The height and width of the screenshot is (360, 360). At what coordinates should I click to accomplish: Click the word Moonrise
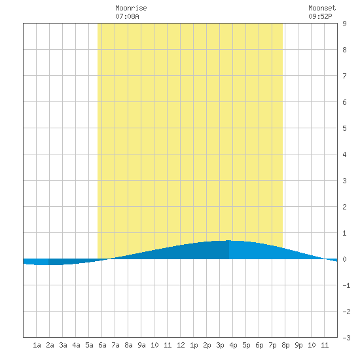coord(131,8)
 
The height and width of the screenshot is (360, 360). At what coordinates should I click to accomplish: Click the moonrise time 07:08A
coord(127,16)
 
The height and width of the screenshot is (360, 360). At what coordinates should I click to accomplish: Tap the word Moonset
coord(322,8)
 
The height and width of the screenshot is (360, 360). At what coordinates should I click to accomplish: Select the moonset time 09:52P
coord(320,16)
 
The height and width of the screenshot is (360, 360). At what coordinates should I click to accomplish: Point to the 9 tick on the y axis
coord(344,24)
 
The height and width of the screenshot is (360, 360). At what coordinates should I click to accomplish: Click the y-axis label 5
coord(344,128)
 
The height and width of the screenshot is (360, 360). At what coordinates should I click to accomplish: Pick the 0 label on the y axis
coord(344,259)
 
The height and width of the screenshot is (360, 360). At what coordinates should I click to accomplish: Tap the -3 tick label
coord(346,338)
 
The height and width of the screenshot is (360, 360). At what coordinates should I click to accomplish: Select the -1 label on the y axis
coord(346,285)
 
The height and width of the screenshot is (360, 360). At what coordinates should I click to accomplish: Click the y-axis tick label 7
coord(344,76)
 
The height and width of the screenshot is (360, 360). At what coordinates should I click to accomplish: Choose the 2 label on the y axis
coord(344,207)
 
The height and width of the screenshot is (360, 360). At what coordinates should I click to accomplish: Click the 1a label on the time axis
coord(37,345)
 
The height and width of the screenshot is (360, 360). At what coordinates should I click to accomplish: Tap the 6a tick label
coord(102,345)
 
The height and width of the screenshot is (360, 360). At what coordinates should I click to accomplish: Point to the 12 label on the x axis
coord(181,345)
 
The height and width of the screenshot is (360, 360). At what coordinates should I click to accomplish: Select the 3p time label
coord(220,345)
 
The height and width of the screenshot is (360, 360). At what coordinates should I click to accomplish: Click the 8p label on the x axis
coord(285,345)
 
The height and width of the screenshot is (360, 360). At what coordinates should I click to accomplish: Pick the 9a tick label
coord(141,345)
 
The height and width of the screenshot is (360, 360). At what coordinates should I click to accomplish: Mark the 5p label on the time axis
coord(246,345)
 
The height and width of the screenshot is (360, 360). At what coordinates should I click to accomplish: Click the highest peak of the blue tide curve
coord(228,240)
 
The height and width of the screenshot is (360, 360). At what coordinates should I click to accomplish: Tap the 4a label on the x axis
coord(76,345)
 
